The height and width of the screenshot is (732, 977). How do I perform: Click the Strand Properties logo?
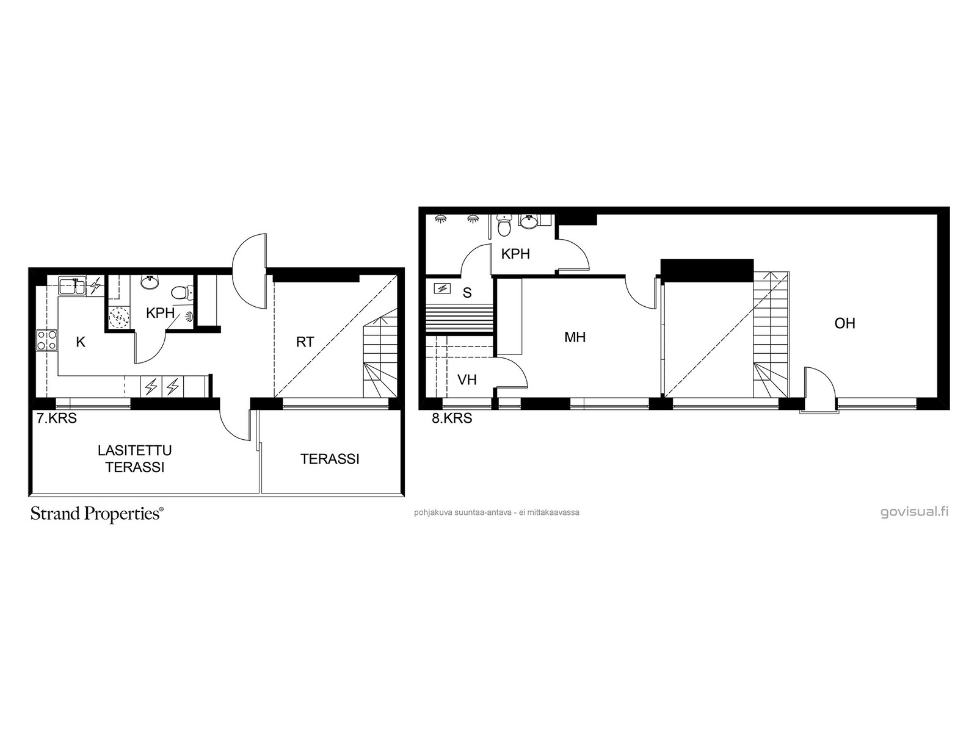(96, 514)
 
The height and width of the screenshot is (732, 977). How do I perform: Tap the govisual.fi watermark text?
(914, 512)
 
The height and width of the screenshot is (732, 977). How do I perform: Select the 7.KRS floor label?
(57, 418)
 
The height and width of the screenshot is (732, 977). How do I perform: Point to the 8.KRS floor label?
(452, 418)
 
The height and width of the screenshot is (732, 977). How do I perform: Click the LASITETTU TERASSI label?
(135, 459)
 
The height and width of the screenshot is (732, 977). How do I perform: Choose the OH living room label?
(845, 323)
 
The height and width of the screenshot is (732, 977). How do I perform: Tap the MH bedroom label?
(575, 337)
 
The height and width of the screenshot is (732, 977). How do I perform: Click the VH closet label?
(467, 379)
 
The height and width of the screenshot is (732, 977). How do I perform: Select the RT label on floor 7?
(305, 342)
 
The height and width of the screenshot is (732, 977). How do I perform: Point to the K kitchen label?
(81, 342)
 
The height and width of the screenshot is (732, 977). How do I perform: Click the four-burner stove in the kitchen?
(47, 340)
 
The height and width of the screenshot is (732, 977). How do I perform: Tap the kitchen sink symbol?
(73, 285)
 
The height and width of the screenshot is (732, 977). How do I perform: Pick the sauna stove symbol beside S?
(443, 289)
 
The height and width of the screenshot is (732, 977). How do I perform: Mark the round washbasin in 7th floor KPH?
(150, 282)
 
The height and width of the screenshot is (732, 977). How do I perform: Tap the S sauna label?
(467, 292)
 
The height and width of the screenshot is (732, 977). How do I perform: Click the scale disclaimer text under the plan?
(496, 512)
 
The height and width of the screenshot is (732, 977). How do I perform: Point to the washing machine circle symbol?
(120, 317)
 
